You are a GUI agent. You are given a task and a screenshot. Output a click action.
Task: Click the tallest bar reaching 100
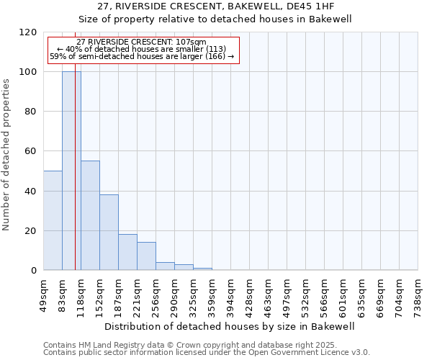pyautogui.click(x=71, y=171)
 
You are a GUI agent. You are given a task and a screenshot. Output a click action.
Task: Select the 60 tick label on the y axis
pyautogui.click(x=31, y=152)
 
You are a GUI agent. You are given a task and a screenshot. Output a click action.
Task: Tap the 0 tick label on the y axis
pyautogui.click(x=34, y=271)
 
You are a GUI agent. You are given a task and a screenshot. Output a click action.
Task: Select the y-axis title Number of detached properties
pyautogui.click(x=6, y=156)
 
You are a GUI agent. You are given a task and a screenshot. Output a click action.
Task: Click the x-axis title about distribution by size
pyautogui.click(x=230, y=326)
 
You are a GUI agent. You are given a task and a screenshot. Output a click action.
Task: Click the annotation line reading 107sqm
pyautogui.click(x=141, y=42)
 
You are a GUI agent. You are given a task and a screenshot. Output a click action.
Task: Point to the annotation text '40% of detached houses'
pyautogui.click(x=141, y=49)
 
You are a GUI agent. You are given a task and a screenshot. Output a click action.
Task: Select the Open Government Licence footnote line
pyautogui.click(x=207, y=352)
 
